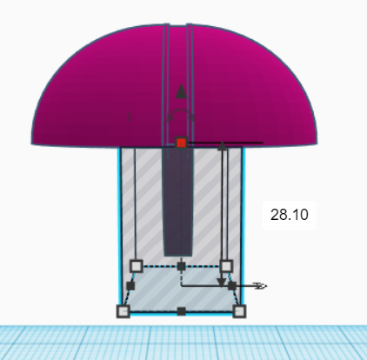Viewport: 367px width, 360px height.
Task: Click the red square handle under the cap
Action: pos(181,143)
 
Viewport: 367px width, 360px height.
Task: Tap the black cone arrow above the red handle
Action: pos(181,90)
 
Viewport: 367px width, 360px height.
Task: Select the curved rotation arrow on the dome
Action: pos(181,115)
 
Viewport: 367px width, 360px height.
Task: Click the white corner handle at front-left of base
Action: pos(123,310)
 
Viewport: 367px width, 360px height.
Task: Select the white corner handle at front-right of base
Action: pos(240,310)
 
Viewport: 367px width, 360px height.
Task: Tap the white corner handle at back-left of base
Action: pos(136,265)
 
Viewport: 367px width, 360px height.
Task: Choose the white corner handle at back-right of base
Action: pos(226,265)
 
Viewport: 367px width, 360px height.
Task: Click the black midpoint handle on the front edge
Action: pos(181,311)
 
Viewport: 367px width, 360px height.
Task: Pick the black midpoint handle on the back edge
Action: pos(181,264)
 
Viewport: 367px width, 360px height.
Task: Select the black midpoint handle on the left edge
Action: pos(130,285)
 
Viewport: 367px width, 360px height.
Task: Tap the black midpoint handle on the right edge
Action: pos(232,285)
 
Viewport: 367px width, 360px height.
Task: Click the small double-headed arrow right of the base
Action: pos(259,285)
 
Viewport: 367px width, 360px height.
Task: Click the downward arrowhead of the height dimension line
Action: pos(222,282)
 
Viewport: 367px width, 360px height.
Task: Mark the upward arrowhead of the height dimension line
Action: pos(222,149)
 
